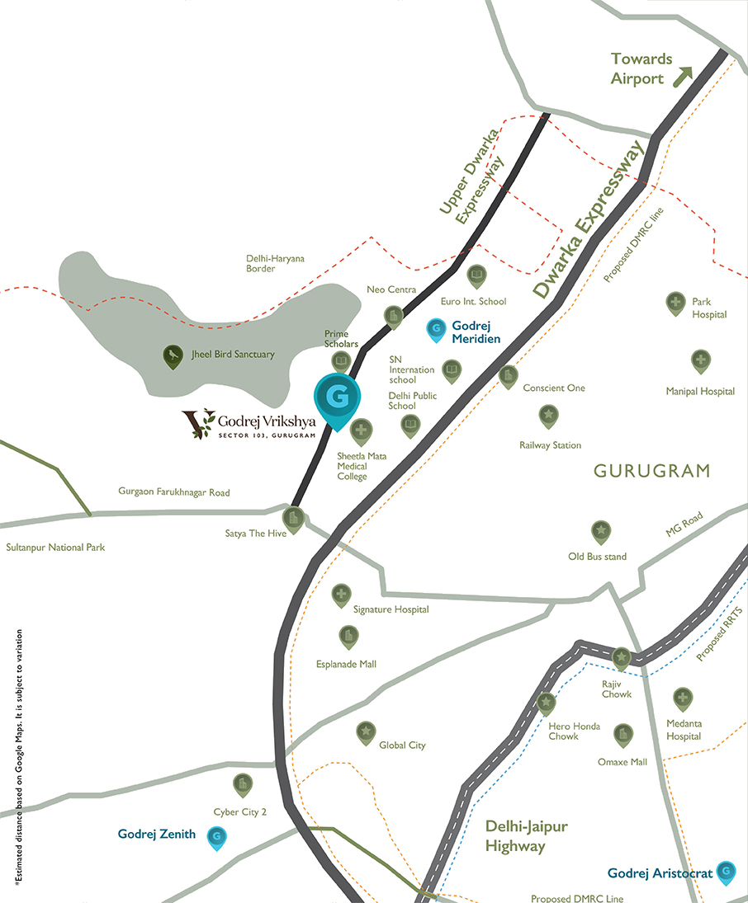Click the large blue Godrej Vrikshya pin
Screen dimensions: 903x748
337,399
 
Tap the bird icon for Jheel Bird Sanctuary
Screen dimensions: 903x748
173,355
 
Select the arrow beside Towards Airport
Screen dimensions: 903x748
683,77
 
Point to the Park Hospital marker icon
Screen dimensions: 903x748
675,303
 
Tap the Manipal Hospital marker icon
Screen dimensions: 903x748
700,360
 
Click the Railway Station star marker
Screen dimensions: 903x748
548,415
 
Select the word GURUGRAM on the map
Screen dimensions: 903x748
651,471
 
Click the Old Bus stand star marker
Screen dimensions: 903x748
600,531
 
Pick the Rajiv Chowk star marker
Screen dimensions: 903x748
621,656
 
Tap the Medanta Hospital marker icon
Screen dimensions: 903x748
682,698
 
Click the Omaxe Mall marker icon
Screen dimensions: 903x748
623,734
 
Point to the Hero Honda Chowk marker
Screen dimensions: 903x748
546,703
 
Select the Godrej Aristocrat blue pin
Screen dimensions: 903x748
726,871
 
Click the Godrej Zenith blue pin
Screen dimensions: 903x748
216,837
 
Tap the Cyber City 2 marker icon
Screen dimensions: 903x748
242,783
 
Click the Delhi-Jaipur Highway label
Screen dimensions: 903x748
526,836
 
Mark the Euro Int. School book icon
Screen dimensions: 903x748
476,275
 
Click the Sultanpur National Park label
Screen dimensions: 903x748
55,548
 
